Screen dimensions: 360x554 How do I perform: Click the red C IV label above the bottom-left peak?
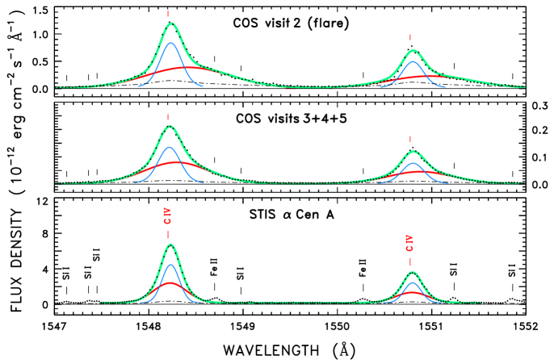168,216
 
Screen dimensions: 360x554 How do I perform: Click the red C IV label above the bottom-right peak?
409,243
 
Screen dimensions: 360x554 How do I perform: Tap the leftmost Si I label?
66,273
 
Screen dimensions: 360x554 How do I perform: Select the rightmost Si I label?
512,270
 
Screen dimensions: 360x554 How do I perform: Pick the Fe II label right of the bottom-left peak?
214,267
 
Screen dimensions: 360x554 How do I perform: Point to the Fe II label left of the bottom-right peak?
363,268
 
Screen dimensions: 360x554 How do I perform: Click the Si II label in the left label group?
97,255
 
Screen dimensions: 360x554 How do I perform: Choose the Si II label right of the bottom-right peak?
454,270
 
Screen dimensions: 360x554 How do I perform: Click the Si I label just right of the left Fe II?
241,273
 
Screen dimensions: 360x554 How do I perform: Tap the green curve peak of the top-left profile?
170,23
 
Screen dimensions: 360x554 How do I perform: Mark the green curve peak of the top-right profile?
413,51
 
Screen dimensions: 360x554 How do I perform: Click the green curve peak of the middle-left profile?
170,126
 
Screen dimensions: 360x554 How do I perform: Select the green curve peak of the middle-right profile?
413,152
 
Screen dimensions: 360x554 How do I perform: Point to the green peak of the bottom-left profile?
170,245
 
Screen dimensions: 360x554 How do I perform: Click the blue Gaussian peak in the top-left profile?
170,43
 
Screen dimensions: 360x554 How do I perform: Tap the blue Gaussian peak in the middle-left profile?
169,147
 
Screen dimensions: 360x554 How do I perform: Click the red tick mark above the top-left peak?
168,14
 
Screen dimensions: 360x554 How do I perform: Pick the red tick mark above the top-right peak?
410,37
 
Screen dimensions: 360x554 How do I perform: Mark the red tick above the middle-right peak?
410,139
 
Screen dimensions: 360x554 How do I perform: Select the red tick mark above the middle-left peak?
168,117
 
